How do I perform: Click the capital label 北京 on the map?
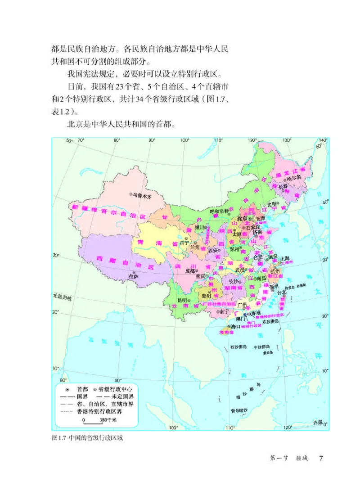pos(242,219)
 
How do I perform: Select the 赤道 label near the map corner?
pos(318,422)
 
